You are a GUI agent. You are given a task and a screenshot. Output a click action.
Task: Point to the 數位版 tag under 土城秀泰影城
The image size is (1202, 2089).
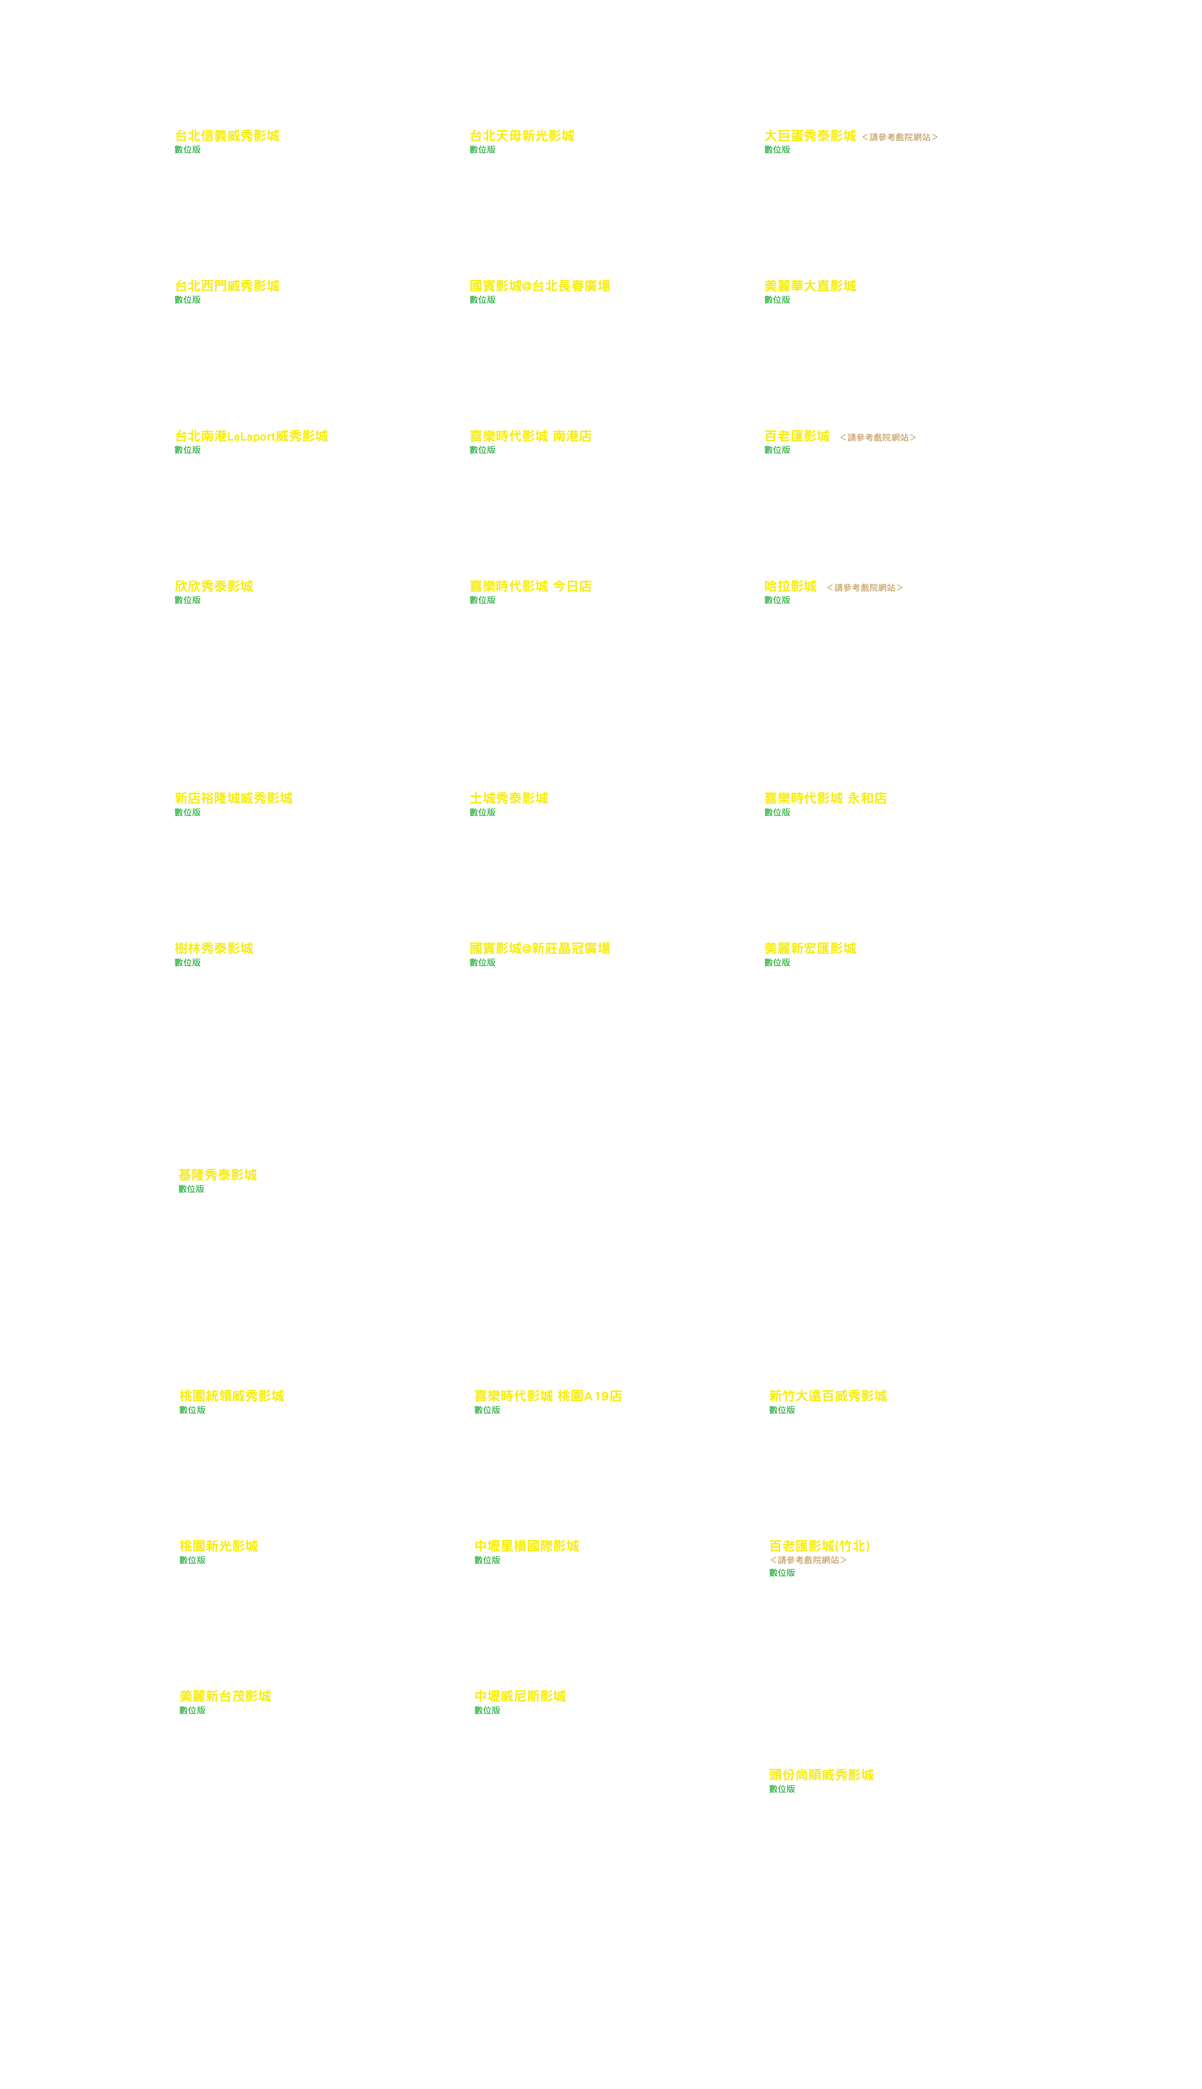(482, 813)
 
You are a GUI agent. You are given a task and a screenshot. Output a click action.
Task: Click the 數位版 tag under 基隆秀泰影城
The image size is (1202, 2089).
(191, 1189)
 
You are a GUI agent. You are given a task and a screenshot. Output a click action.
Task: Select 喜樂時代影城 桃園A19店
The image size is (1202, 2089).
(547, 1396)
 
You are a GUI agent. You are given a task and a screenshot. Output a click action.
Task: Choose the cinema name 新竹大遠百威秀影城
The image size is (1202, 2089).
(827, 1396)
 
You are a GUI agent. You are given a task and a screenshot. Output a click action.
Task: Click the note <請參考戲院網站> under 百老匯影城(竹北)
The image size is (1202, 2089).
(807, 1560)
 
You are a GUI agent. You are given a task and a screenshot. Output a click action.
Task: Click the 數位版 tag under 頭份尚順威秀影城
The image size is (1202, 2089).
(782, 1789)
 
